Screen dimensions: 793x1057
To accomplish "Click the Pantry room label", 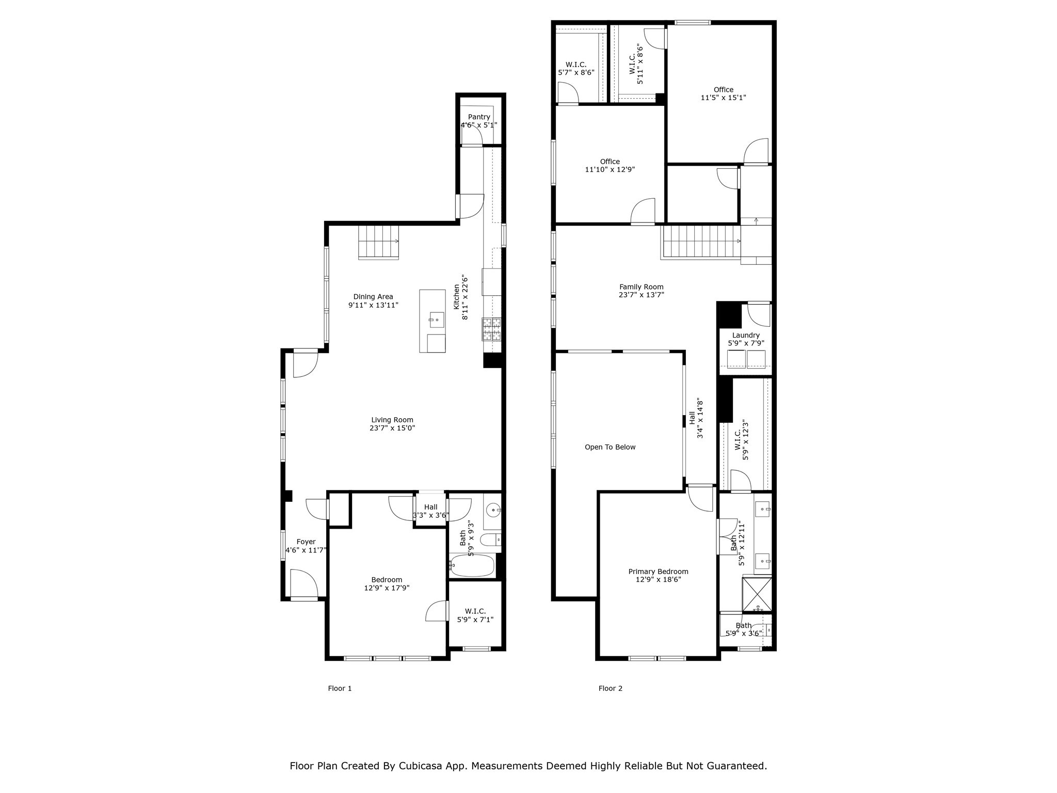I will tap(479, 117).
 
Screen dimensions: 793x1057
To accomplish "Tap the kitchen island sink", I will tap(437, 320).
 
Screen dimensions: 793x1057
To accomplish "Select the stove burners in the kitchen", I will tap(491, 329).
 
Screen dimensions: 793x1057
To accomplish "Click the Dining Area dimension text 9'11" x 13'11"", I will tap(373, 305).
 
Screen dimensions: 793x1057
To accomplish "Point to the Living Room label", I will tap(392, 420).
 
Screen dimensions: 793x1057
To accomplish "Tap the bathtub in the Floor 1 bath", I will tap(472, 566).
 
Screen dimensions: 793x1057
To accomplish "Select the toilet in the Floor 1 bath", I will tap(490, 540).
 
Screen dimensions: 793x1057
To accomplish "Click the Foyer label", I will tap(306, 542).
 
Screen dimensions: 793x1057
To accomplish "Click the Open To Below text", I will tap(610, 447).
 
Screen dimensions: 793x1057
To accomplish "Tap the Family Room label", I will tap(642, 287).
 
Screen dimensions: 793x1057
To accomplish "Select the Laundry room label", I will tap(746, 335).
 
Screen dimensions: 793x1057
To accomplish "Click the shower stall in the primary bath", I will tap(757, 594).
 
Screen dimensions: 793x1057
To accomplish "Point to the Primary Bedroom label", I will tap(658, 572).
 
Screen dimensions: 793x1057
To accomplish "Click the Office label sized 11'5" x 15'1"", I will tap(723, 89).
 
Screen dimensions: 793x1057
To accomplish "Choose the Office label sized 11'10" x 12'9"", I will tap(610, 161).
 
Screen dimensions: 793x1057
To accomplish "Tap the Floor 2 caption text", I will tap(610, 688).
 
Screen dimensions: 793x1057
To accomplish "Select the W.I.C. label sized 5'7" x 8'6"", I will tap(576, 65).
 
